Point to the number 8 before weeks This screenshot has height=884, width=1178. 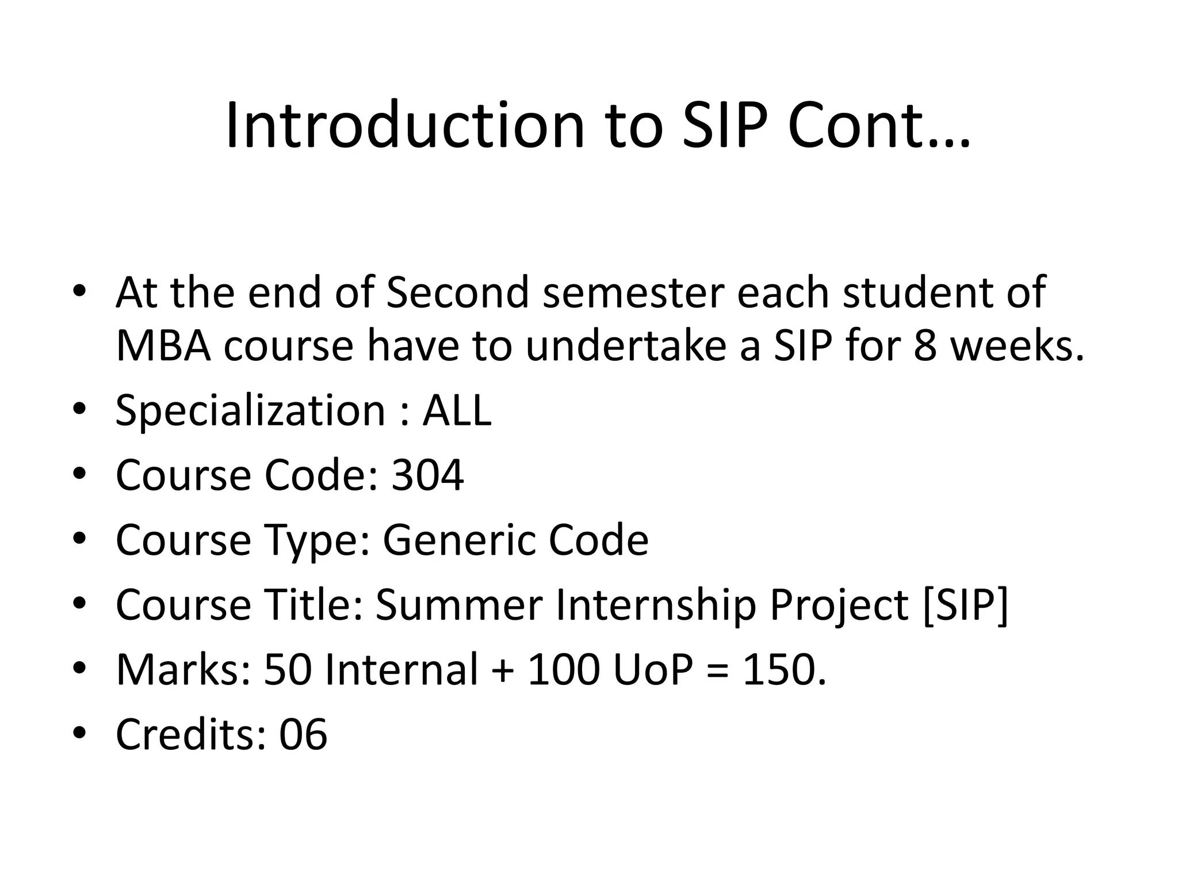925,346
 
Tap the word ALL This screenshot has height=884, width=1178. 457,411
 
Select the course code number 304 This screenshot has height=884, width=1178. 427,476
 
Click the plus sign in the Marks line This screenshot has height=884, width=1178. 503,671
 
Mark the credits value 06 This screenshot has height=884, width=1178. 303,735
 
